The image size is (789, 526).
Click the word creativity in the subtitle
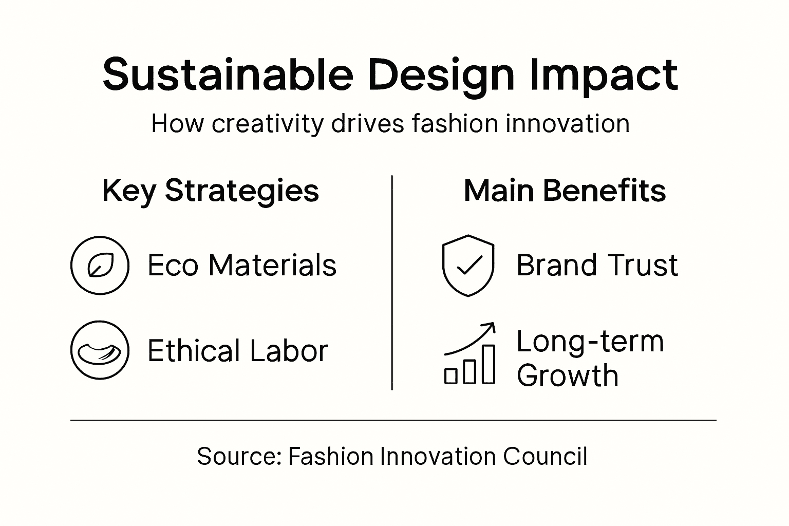point(268,124)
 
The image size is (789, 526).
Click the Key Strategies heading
point(211,191)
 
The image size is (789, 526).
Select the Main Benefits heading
point(565,191)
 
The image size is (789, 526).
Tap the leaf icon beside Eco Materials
point(100,265)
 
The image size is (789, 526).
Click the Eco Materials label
point(242,265)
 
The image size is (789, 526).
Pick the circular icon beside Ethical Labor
point(100,350)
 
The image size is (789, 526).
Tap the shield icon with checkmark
point(468,265)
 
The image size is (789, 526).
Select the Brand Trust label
point(597,265)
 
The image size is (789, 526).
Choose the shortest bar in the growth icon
point(450,376)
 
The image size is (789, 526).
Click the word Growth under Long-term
point(567,375)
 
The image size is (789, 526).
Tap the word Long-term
point(590,341)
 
